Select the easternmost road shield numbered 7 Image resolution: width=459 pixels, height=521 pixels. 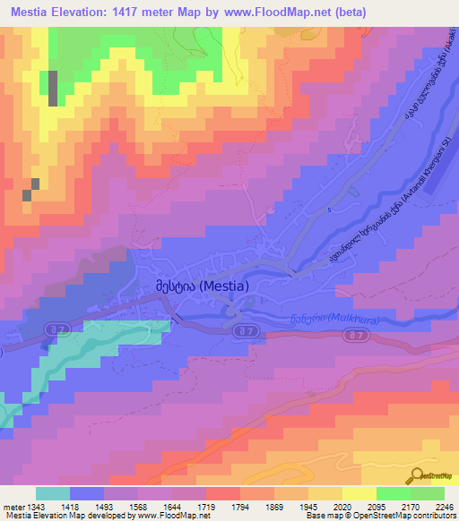click(358, 336)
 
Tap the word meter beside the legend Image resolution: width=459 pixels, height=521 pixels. click(13, 507)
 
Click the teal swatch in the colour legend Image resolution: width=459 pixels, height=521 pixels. click(53, 493)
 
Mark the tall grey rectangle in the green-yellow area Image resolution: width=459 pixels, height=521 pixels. click(52, 89)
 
